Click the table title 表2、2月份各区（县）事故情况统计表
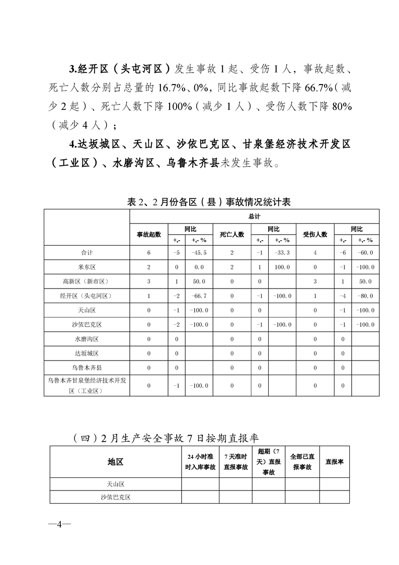pyautogui.click(x=209, y=202)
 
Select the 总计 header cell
pyautogui.click(x=254, y=216)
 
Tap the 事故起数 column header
pyautogui.click(x=149, y=234)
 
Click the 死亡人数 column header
pyautogui.click(x=232, y=234)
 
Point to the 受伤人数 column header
pyautogui.click(x=315, y=234)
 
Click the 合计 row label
pyautogui.click(x=87, y=253)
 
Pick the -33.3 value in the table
pyautogui.click(x=282, y=253)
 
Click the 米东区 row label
pyautogui.click(x=87, y=267)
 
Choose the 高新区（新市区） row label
pyautogui.click(x=87, y=281)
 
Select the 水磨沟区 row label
pyautogui.click(x=87, y=339)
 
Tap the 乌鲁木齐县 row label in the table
pyautogui.click(x=87, y=368)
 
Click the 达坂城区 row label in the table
pyautogui.click(x=87, y=354)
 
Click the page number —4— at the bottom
pyautogui.click(x=59, y=525)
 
